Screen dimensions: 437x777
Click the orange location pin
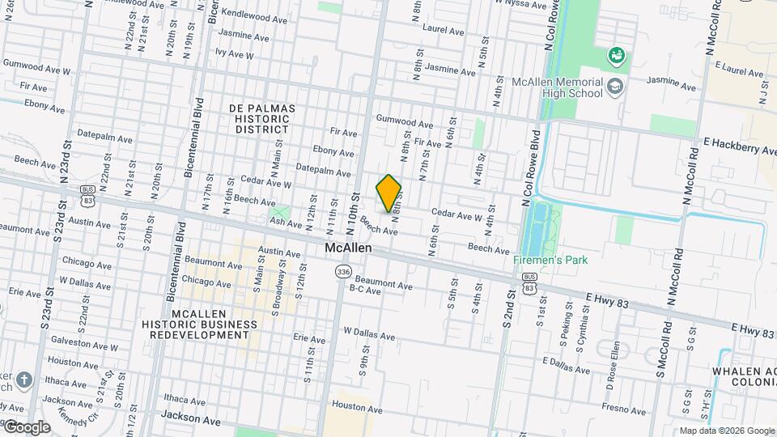pos(388,193)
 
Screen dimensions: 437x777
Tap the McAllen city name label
pos(348,248)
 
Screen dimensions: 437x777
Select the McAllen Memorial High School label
pos(558,87)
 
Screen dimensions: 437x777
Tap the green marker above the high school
pos(617,55)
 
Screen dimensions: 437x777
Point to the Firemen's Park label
pos(550,260)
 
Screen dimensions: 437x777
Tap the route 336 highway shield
pos(345,272)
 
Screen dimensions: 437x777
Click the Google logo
pos(26,426)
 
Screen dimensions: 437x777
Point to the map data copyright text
pos(727,431)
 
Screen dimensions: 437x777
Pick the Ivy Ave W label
pos(235,55)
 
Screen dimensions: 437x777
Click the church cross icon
pos(24,380)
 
